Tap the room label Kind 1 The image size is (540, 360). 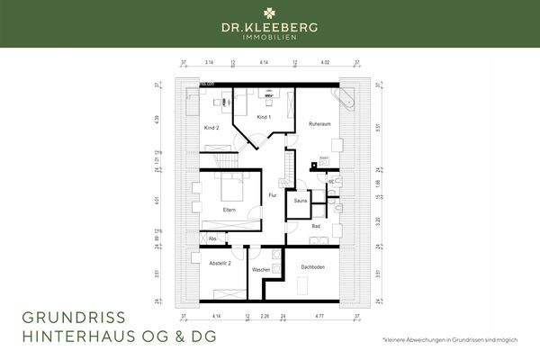264,118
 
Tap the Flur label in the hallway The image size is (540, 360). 273,195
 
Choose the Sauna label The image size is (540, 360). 301,202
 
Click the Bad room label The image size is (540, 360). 316,227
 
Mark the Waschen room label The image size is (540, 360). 261,269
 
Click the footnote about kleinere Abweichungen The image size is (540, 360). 458,340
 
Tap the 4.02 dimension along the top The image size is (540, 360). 326,64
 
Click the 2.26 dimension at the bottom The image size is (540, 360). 265,317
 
